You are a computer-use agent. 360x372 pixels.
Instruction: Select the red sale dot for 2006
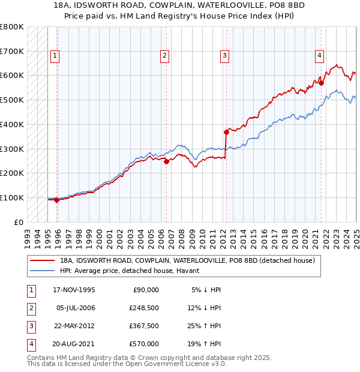click(x=166, y=161)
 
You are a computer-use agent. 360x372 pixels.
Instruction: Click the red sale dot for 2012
click(x=226, y=132)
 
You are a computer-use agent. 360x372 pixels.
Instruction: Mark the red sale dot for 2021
click(x=322, y=83)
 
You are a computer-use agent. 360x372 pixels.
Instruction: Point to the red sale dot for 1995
click(x=56, y=200)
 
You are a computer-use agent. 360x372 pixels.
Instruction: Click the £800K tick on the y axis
click(x=12, y=27)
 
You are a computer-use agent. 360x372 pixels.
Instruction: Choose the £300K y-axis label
click(x=12, y=149)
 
